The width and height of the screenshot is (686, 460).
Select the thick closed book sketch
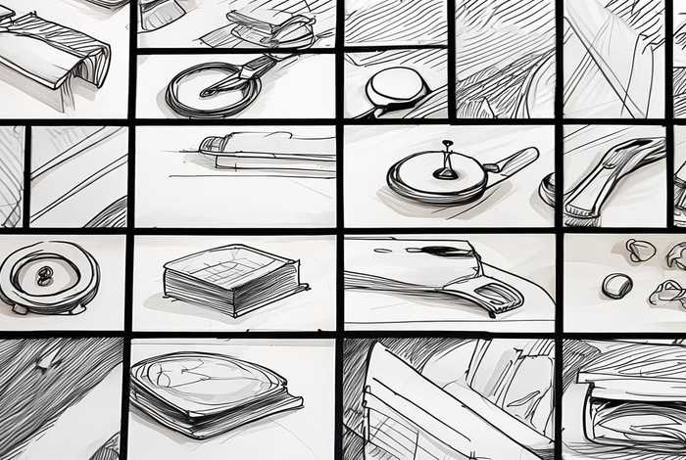click(x=231, y=279)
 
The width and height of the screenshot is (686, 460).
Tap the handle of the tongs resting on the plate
click(x=257, y=68)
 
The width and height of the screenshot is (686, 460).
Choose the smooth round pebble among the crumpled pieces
click(x=616, y=285)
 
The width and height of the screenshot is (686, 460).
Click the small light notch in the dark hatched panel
click(x=45, y=362)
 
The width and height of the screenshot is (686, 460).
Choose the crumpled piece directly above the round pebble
click(x=640, y=251)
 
